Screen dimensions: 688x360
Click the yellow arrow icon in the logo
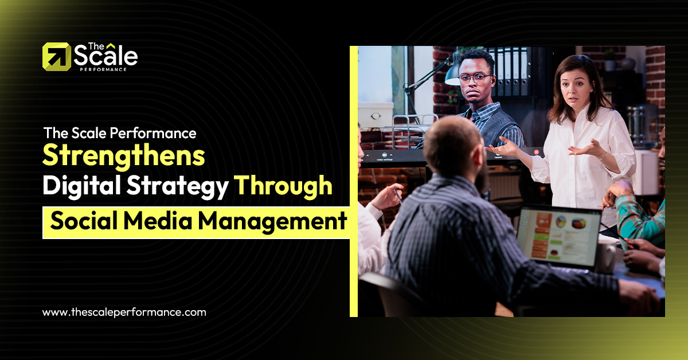[x=57, y=57]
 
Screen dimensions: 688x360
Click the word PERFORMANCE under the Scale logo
[x=103, y=69]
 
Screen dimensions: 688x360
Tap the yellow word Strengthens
[x=124, y=156]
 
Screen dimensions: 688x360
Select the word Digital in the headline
[x=81, y=186]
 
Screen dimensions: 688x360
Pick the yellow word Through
[x=283, y=186]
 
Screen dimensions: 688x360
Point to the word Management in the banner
[x=273, y=221]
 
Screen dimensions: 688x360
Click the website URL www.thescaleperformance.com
[x=124, y=312]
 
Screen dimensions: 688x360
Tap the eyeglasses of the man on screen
[x=475, y=79]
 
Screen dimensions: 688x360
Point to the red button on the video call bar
[x=536, y=152]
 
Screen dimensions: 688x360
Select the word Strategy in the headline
[x=178, y=186]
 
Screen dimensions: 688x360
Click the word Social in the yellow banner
[x=84, y=221]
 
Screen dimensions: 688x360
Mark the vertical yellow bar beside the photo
[x=354, y=181]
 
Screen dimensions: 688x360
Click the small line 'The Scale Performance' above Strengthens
[x=120, y=134]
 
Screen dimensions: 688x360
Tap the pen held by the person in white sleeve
[x=398, y=197]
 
